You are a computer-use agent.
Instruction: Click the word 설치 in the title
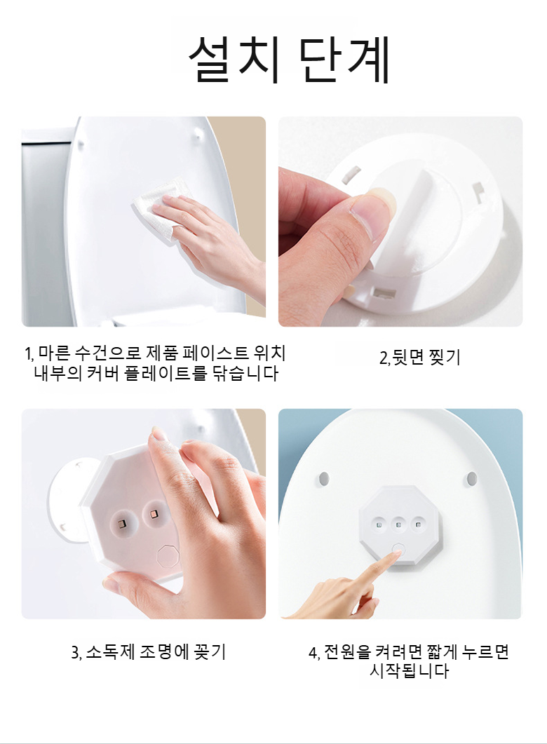click(x=234, y=60)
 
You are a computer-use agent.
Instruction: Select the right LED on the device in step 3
click(x=152, y=518)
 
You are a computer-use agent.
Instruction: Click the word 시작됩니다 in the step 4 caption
click(x=409, y=672)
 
